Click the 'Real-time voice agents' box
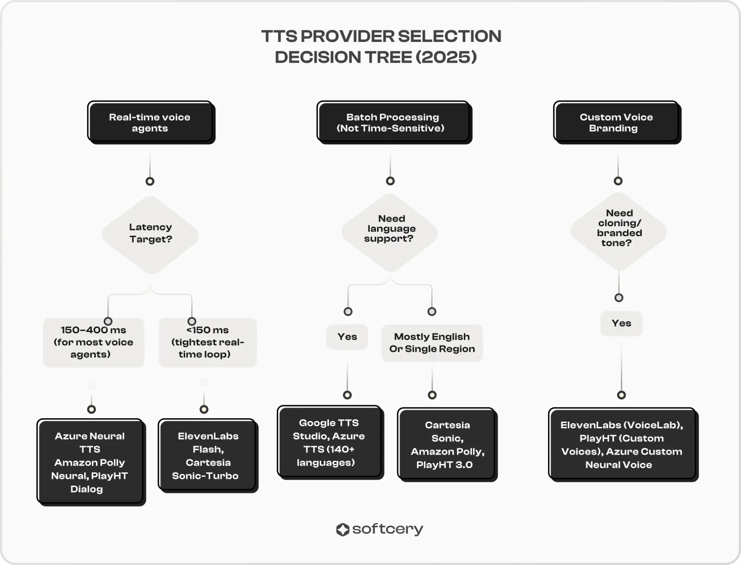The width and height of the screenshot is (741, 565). pyautogui.click(x=151, y=122)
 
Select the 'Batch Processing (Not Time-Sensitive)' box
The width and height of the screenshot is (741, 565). pyautogui.click(x=394, y=122)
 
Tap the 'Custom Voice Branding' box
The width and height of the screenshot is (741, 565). pyautogui.click(x=617, y=122)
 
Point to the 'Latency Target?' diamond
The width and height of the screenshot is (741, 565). pyautogui.click(x=150, y=235)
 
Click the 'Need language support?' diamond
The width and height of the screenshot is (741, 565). pyautogui.click(x=390, y=232)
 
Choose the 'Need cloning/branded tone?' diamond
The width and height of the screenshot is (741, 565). pyautogui.click(x=619, y=231)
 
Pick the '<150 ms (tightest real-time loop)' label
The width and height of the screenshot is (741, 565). pyautogui.click(x=208, y=342)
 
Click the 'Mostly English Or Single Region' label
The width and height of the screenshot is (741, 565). pyautogui.click(x=432, y=343)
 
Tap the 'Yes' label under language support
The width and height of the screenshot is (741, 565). pyautogui.click(x=347, y=337)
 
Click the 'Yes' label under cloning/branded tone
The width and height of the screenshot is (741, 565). pyautogui.click(x=621, y=323)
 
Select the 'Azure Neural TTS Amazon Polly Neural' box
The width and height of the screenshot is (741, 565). pyautogui.click(x=91, y=462)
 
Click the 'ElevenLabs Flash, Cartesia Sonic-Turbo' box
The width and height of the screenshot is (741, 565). pyautogui.click(x=208, y=456)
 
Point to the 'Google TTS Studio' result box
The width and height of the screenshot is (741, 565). pyautogui.click(x=330, y=443)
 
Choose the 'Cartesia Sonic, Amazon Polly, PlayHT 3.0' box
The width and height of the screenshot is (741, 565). pyautogui.click(x=448, y=445)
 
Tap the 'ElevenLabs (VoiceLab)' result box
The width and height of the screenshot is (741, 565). pyautogui.click(x=624, y=445)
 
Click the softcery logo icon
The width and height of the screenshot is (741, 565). pyautogui.click(x=343, y=529)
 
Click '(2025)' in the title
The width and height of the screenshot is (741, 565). pyautogui.click(x=446, y=57)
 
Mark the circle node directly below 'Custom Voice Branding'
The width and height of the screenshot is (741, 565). pyautogui.click(x=618, y=181)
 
